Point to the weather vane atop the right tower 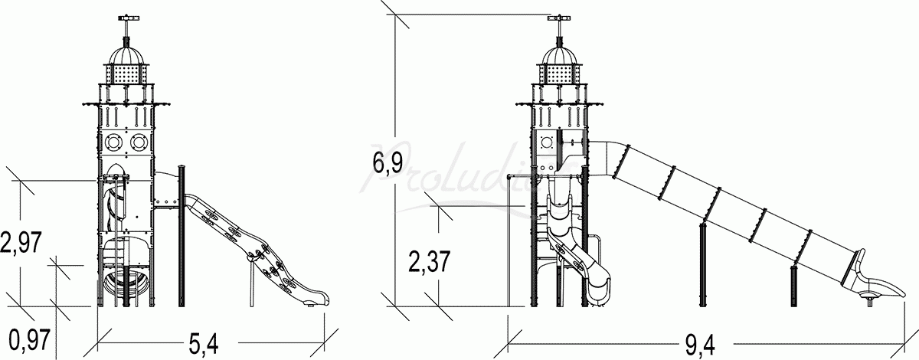pyautogui.click(x=559, y=18)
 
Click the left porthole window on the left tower pyautogui.click(x=112, y=142)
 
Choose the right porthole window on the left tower pyautogui.click(x=139, y=142)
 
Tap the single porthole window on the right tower pyautogui.click(x=547, y=142)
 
